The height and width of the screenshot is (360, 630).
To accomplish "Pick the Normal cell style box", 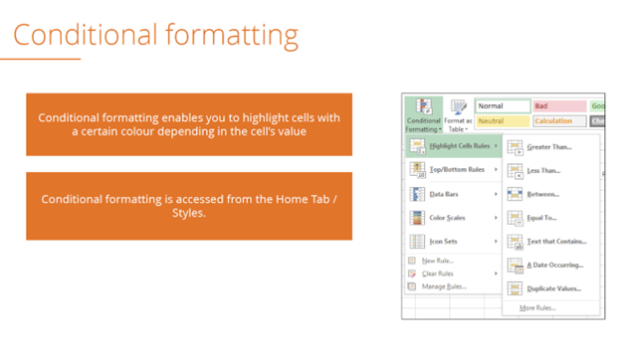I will [502, 105].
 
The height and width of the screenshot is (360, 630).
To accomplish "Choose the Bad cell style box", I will [558, 105].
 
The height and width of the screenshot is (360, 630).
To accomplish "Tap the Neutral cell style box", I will [502, 121].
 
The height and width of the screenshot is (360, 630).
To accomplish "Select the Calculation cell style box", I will [558, 121].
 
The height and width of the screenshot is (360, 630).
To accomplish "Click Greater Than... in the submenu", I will [548, 147].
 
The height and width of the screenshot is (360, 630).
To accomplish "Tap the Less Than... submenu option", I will [543, 170].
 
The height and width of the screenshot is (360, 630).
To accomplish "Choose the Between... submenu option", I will [542, 194].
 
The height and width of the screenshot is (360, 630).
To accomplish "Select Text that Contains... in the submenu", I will [555, 242].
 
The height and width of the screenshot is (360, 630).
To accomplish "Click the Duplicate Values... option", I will [553, 288].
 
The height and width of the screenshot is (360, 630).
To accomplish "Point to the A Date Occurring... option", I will [554, 266].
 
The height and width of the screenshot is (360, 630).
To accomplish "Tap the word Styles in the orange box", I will [188, 212].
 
